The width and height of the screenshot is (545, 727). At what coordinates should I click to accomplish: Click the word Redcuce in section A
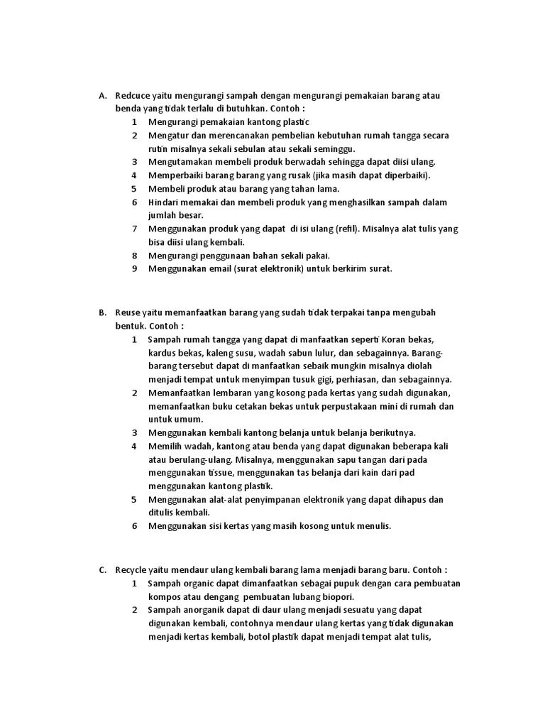coord(132,96)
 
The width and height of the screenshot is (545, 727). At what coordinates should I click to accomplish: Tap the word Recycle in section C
coord(130,569)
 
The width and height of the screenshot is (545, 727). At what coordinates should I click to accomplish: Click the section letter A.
coord(102,96)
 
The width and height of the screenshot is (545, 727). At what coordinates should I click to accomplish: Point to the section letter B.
coord(102,312)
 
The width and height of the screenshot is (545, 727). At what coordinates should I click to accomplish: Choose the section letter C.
coord(102,569)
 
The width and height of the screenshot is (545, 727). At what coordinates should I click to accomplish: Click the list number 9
coord(134,269)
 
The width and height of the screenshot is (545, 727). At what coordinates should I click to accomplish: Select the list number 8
coord(134,256)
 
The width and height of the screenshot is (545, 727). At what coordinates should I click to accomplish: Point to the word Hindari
coord(165,202)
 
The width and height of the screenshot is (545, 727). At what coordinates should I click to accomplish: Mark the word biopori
coord(337,596)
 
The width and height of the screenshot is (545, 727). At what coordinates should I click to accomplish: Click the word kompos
coord(165,596)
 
